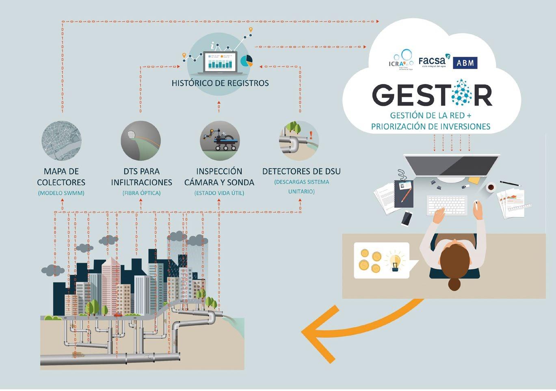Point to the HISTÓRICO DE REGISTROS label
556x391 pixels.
click(x=220, y=83)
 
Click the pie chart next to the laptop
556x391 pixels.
click(x=247, y=61)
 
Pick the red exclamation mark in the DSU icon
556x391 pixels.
click(x=311, y=135)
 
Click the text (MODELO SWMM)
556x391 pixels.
click(x=61, y=193)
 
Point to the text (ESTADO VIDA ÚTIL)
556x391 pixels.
click(x=219, y=193)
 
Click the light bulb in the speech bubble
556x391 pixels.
click(x=394, y=261)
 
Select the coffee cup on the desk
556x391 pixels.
click(x=491, y=187)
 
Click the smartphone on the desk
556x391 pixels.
click(x=407, y=218)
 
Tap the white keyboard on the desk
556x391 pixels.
click(x=446, y=205)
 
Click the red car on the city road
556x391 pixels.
click(x=118, y=315)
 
